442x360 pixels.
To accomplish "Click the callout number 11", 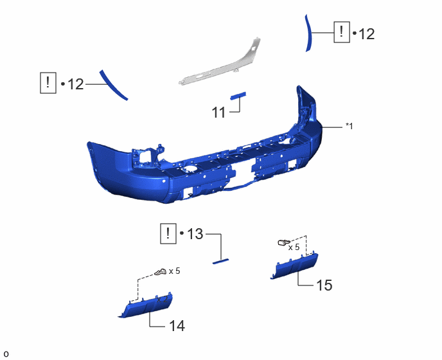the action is point(218,113).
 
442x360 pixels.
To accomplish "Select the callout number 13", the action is point(195,233).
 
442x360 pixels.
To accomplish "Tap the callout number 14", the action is point(177,326).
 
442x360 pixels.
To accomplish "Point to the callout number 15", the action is point(324,285).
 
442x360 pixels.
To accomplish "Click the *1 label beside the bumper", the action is point(349,126).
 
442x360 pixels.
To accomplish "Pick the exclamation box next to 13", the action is point(168,233).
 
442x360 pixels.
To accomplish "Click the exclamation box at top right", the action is point(342,32).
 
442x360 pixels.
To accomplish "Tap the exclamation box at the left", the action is point(48,83).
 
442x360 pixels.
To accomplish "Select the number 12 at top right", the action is point(367,34).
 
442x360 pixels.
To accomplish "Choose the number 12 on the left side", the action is point(76,84).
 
